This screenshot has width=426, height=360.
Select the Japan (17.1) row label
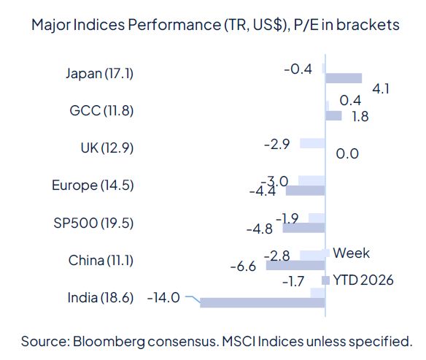click(99, 73)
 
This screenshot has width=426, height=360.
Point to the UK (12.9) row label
click(107, 148)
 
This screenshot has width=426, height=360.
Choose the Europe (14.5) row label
click(93, 185)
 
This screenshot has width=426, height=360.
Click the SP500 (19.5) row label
click(94, 223)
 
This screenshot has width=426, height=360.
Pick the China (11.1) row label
click(101, 260)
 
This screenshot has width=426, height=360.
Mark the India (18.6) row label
click(100, 297)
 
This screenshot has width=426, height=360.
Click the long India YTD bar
click(262, 302)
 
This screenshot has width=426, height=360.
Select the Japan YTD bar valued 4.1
click(343, 78)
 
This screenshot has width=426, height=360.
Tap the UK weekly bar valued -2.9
click(311, 143)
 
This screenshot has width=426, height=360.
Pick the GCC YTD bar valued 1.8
click(333, 115)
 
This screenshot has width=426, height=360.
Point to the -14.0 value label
click(163, 297)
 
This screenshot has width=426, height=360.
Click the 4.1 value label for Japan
click(380, 89)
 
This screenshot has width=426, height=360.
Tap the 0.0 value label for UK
click(346, 153)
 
